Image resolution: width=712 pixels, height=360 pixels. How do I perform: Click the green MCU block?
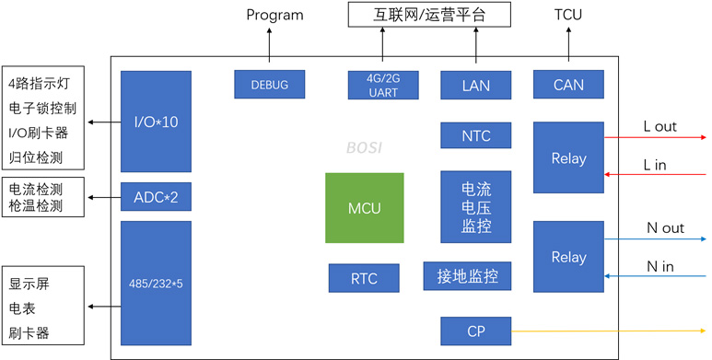[364, 207]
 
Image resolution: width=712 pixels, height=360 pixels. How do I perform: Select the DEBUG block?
[269, 85]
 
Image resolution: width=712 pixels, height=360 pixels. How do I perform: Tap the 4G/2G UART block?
[384, 85]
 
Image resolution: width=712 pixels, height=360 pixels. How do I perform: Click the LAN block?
[476, 85]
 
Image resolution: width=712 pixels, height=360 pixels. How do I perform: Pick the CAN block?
[568, 85]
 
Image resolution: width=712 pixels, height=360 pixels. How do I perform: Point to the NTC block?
[476, 136]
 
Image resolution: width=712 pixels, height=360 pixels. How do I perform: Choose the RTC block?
[365, 277]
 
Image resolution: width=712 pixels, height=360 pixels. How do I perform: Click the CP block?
[476, 330]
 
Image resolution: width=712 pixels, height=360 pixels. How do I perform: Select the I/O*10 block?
[156, 122]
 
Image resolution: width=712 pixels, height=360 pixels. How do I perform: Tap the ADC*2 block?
[156, 196]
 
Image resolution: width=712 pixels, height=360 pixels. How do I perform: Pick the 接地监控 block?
[467, 275]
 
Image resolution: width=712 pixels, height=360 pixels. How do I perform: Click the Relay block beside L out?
[568, 157]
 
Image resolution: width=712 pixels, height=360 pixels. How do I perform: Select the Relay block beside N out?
[568, 257]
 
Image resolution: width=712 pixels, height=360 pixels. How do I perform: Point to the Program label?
[274, 15]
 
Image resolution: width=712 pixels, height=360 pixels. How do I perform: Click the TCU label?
[567, 15]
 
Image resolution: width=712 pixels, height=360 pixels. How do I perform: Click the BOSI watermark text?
[365, 147]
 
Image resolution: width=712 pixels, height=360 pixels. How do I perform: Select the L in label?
[659, 163]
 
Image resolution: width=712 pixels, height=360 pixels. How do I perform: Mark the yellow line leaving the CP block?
[608, 330]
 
